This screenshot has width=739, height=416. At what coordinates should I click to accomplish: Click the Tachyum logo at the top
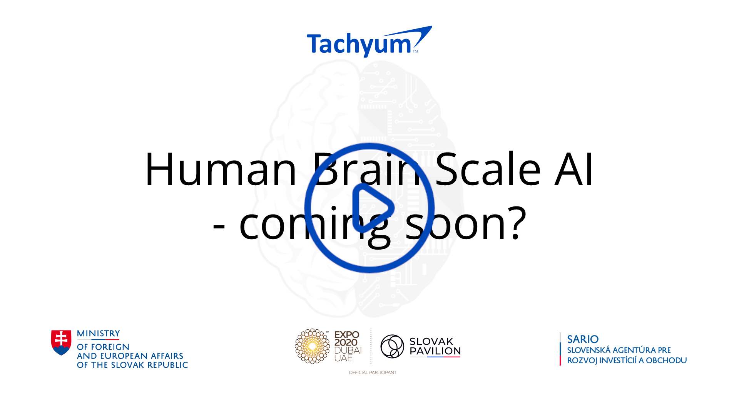369,42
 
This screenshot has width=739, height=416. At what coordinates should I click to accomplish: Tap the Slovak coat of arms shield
61,342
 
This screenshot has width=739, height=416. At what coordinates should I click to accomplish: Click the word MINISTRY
99,334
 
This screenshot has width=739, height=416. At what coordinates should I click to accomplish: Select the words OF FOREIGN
103,347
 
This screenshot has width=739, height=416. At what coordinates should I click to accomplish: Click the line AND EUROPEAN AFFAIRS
130,356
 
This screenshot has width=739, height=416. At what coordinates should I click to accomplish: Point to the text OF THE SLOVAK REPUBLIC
132,365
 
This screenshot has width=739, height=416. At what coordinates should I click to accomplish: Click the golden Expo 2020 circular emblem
312,346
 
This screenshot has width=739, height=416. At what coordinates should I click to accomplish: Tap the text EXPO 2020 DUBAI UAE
348,346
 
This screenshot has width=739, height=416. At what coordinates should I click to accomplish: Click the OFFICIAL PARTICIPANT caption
373,372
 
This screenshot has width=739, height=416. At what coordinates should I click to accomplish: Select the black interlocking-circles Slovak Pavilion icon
392,346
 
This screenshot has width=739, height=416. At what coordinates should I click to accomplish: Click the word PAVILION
435,351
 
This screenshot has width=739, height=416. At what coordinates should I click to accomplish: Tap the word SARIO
583,339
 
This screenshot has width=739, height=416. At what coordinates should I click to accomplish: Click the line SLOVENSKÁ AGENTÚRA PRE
619,350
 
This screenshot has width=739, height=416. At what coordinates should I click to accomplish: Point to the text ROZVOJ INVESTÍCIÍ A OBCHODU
627,361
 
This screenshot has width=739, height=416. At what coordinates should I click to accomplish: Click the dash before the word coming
219,225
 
